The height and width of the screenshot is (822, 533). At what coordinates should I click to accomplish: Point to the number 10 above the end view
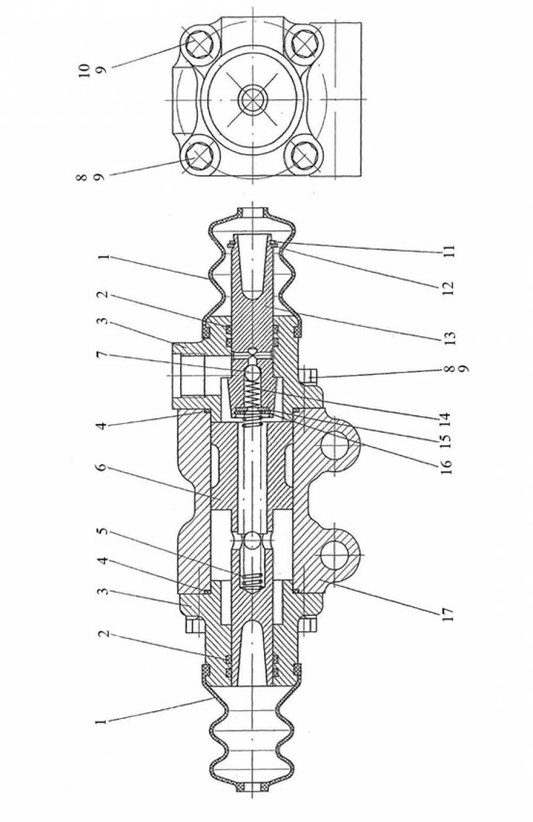point(85,69)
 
